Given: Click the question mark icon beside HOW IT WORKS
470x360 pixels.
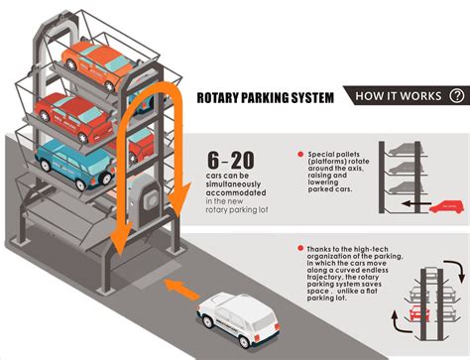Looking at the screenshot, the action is pos(457,96).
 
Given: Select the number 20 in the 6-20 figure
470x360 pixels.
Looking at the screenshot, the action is pos(243,161).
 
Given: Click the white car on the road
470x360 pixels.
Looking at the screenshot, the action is pos(238,319).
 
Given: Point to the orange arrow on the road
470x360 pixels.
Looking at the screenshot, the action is pos(181,289).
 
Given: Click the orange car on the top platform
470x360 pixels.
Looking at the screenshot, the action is pos(100,64).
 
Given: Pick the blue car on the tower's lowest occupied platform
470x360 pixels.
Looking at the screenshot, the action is pos(75,164).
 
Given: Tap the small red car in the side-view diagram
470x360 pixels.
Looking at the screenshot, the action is pos(447,207).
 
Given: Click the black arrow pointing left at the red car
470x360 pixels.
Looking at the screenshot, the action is pos(416,204).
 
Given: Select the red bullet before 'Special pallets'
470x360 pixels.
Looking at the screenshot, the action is pos(300,155).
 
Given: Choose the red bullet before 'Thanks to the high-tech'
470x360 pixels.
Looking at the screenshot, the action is pos(300,248).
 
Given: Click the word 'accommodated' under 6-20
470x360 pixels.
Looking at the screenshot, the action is pos(236,192).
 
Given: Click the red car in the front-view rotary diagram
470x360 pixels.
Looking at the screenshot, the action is pos(419,313).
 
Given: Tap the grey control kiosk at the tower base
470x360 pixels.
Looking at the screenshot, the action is pos(146,201).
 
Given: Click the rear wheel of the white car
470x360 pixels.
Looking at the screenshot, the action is pos(244,341).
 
